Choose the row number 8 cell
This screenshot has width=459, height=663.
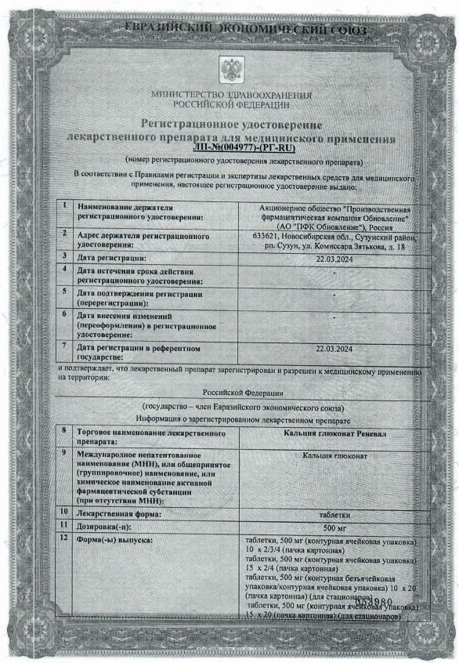point(63,430)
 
